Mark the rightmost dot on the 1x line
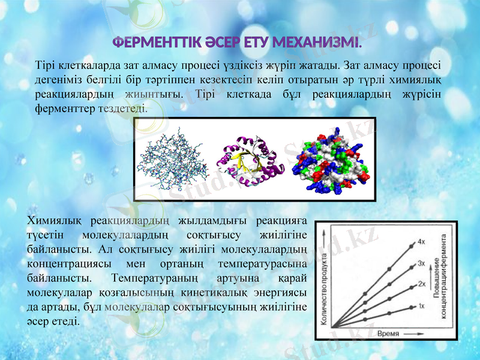coord(412,307)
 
